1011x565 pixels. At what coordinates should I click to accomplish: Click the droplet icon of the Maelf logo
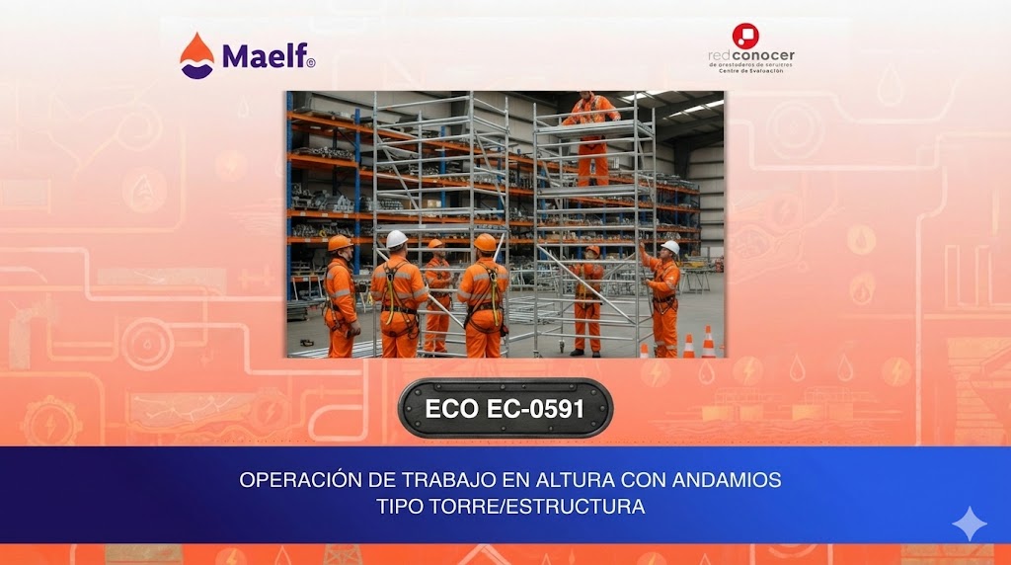pyautogui.click(x=196, y=55)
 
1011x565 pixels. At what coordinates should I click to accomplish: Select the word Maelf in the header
pyautogui.click(x=263, y=56)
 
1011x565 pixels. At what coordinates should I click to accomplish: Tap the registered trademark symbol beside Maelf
pyautogui.click(x=311, y=62)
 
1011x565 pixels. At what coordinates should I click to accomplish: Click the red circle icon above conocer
pyautogui.click(x=745, y=37)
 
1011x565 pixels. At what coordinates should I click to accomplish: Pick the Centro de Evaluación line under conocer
pyautogui.click(x=751, y=72)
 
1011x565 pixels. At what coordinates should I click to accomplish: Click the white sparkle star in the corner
pyautogui.click(x=969, y=524)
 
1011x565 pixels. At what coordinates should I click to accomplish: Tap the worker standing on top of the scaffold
pyautogui.click(x=592, y=133)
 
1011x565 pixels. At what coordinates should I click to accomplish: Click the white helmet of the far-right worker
pyautogui.click(x=670, y=246)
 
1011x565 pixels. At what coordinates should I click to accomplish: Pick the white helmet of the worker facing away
pyautogui.click(x=396, y=238)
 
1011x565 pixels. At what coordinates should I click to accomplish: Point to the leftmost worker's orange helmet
pyautogui.click(x=340, y=243)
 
